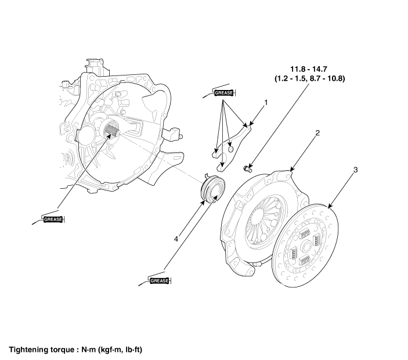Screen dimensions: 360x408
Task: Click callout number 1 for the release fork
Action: click(x=266, y=103)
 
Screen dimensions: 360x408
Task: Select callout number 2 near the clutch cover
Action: click(x=317, y=133)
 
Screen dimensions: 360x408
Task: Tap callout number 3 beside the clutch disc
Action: click(x=355, y=170)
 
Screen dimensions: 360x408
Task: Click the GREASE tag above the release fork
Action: click(x=224, y=92)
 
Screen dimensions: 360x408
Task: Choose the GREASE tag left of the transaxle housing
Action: click(x=53, y=219)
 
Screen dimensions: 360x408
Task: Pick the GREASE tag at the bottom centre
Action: click(x=160, y=281)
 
